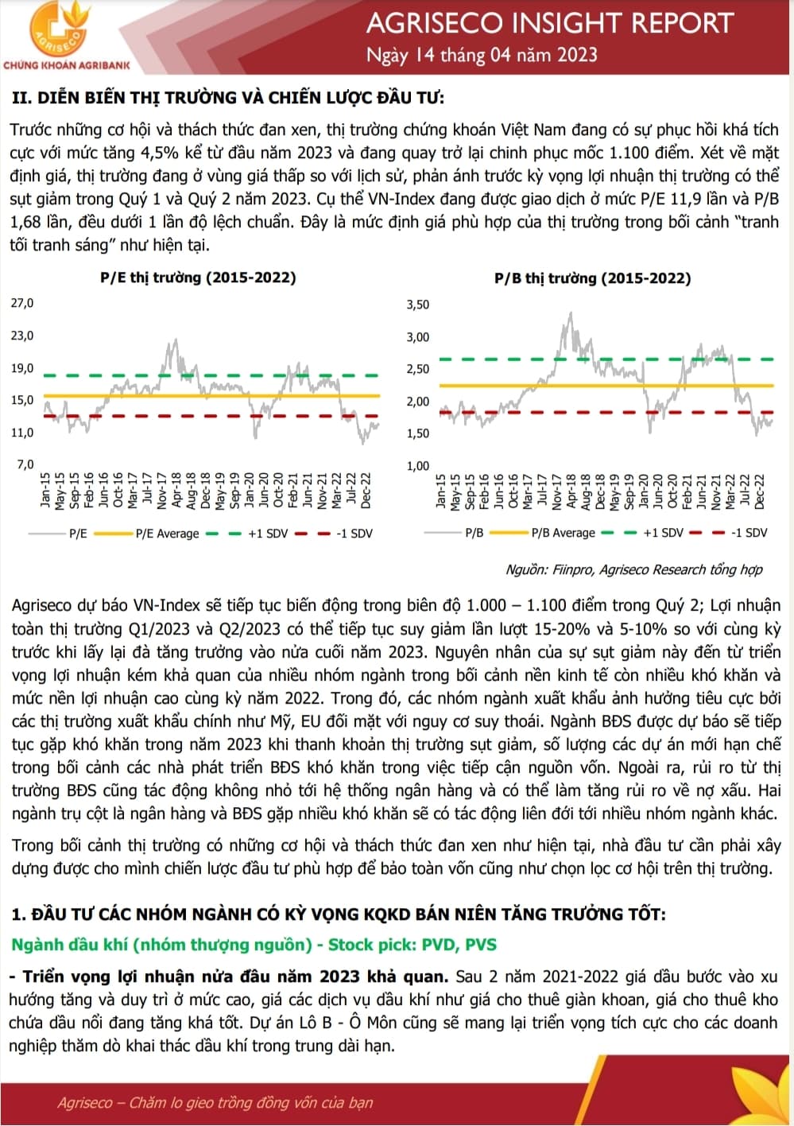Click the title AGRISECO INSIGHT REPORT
coord(549,23)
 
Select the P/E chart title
coord(198,278)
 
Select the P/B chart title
coord(592,278)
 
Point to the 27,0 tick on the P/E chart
coord(22,303)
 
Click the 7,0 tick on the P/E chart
coord(25,464)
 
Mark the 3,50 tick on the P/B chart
coord(417,305)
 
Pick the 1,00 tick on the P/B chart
coord(417,466)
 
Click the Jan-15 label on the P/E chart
coord(46,490)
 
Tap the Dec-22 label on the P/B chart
coord(760,491)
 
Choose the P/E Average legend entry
coord(167,534)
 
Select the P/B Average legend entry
coord(563,533)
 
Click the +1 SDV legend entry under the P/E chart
coord(268,534)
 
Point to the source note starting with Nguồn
coord(633,569)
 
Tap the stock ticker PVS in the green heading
coord(481,945)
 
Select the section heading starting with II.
coord(228,98)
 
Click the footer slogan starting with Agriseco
coord(215,1102)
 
